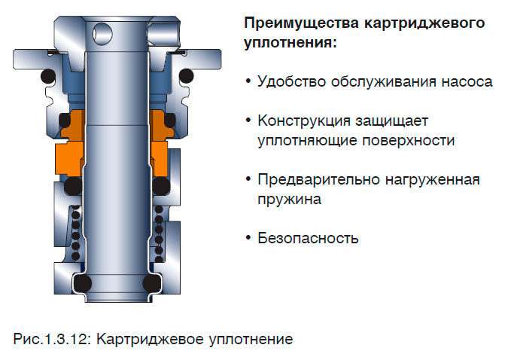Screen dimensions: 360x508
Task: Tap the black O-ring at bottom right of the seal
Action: coord(152,283)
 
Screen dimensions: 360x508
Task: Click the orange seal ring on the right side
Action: coord(160,154)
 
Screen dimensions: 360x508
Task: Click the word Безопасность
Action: coord(308,239)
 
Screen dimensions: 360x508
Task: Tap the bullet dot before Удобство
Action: coord(248,81)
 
